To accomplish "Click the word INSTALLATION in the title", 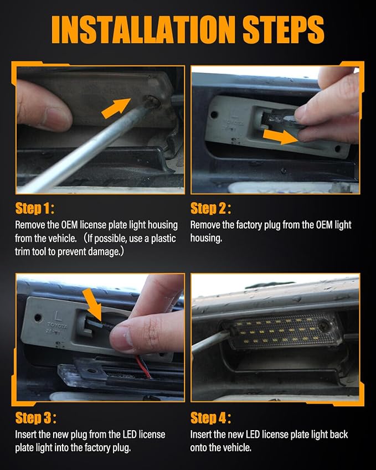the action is (143, 30).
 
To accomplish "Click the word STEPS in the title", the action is (284, 30).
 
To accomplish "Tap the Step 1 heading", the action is (35, 208).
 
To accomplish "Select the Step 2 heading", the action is (211, 208).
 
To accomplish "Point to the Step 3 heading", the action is (35, 418).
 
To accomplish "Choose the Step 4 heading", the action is (211, 418).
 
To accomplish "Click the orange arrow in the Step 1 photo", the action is (116, 108).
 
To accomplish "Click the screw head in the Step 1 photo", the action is (153, 101).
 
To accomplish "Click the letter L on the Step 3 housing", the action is (57, 316).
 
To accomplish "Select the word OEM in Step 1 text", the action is (70, 225).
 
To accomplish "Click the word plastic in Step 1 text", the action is (163, 239).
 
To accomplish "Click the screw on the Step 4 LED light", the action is (323, 326).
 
